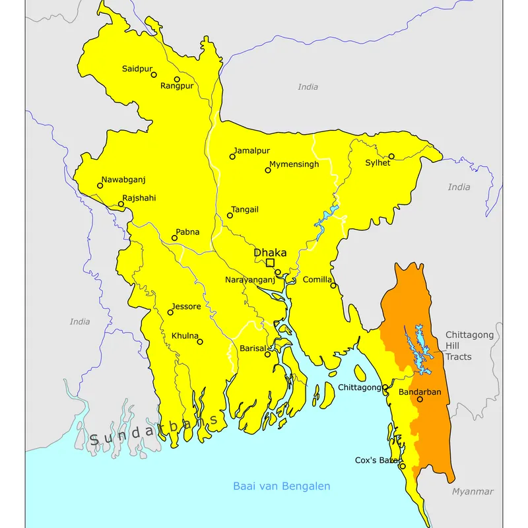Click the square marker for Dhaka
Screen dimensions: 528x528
270,263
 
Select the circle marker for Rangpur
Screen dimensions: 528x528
177,79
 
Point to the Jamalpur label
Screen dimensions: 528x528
251,150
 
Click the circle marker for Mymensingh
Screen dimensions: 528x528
268,170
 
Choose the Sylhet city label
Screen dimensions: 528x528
378,163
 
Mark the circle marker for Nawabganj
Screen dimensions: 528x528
100,185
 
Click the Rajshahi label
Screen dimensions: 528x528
139,197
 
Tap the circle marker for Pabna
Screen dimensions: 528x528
175,238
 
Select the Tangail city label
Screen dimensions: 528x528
245,209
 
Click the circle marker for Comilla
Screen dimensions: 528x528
333,286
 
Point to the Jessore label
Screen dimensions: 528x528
186,306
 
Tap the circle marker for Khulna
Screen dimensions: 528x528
200,342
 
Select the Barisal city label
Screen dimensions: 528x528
252,348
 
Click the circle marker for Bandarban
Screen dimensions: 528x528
420,399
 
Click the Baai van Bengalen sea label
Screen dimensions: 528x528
281,486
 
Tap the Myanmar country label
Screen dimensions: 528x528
473,492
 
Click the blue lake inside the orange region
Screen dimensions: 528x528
417,346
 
